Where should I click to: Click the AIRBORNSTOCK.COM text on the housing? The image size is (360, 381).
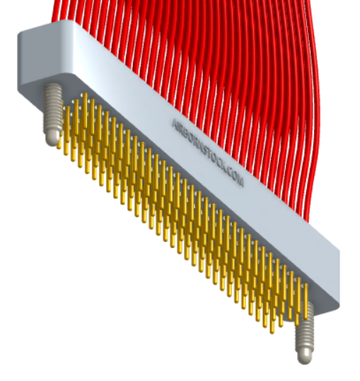pos(208,153)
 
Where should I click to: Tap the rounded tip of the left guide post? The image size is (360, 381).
pos(53,138)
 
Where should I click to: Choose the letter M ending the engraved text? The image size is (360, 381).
pos(241,183)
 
